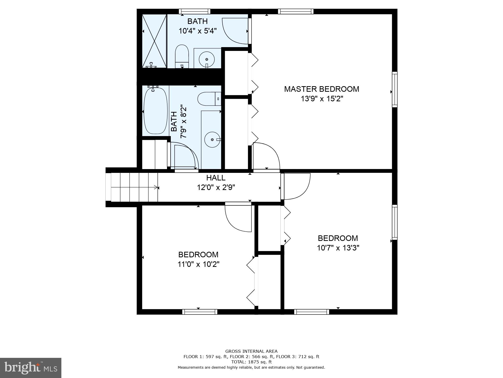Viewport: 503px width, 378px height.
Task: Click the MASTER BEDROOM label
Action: click(x=321, y=89)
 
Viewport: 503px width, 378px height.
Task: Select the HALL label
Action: click(x=216, y=178)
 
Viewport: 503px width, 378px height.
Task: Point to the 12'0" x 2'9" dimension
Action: click(x=216, y=187)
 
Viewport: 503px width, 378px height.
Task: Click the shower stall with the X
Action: click(x=154, y=41)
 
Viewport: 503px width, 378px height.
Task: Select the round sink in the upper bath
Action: click(x=207, y=59)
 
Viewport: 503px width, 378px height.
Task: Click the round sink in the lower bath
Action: click(x=212, y=139)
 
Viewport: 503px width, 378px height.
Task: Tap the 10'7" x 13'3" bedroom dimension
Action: click(x=338, y=248)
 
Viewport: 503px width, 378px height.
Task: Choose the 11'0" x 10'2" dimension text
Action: click(x=198, y=264)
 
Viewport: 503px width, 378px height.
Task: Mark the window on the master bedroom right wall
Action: click(x=395, y=89)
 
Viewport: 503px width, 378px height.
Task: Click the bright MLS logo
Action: click(x=31, y=368)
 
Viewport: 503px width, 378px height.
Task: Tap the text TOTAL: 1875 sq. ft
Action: click(x=251, y=362)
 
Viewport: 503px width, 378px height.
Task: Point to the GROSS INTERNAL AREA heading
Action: click(x=251, y=351)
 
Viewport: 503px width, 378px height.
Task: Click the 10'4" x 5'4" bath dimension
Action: click(x=197, y=31)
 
